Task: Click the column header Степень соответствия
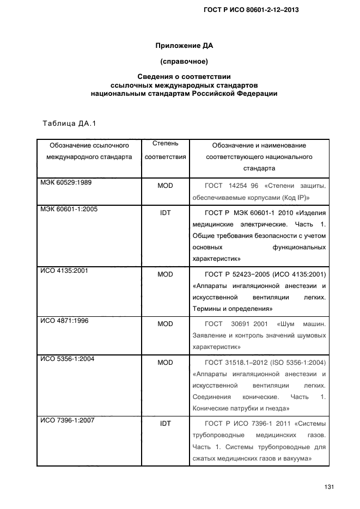click(x=165, y=150)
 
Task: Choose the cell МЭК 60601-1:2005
click(x=68, y=208)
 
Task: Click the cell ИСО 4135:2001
click(x=64, y=270)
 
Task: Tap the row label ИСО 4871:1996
click(x=64, y=321)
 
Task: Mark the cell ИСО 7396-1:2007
click(x=68, y=420)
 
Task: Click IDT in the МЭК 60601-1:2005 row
click(x=165, y=213)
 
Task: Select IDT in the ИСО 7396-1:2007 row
click(x=165, y=423)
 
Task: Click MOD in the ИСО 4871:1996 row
click(x=165, y=324)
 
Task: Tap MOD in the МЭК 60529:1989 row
click(x=165, y=186)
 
